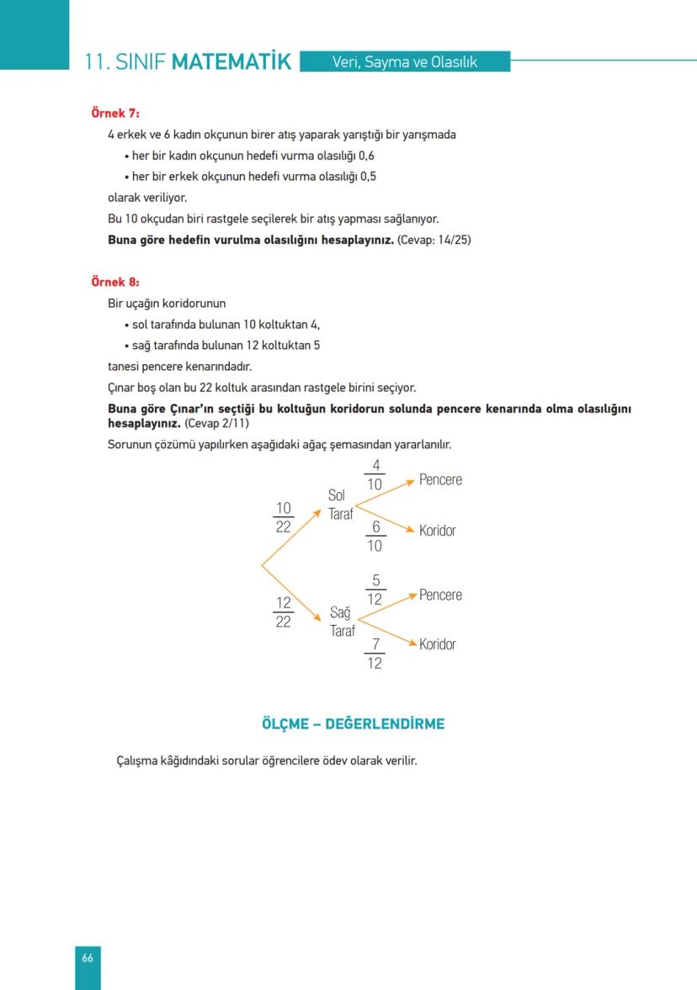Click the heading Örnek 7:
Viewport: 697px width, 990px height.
click(x=115, y=113)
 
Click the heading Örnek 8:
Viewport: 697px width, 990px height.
click(x=115, y=282)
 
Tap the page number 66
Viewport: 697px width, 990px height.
click(x=88, y=958)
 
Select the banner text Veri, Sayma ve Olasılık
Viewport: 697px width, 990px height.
click(x=405, y=61)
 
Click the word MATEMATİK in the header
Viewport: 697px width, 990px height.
click(x=231, y=62)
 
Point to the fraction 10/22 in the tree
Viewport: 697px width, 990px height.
click(x=284, y=517)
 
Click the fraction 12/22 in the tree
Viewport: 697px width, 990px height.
click(x=284, y=612)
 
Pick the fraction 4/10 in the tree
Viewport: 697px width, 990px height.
click(x=375, y=475)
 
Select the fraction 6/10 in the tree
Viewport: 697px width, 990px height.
click(x=375, y=537)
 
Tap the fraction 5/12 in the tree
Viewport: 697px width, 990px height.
click(x=375, y=590)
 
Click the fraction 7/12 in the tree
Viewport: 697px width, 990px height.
click(x=375, y=654)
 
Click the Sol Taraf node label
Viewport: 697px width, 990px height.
click(x=340, y=505)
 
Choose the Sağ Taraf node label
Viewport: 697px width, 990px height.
click(x=342, y=622)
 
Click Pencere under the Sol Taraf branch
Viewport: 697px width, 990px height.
click(x=440, y=479)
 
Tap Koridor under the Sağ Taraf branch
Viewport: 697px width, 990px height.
click(x=438, y=644)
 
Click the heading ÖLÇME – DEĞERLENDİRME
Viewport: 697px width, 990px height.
click(x=353, y=723)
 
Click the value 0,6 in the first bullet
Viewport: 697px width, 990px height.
click(x=366, y=156)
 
